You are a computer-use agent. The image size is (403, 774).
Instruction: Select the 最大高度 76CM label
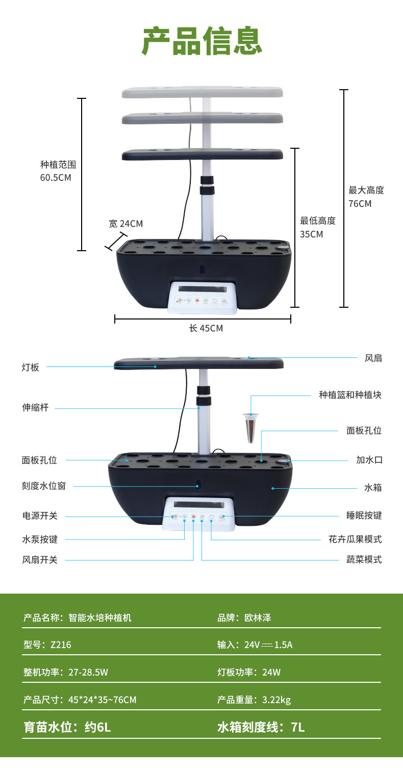coord(366,197)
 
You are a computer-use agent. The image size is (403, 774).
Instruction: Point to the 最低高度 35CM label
coord(317,227)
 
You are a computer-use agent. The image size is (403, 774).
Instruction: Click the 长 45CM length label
coord(206,328)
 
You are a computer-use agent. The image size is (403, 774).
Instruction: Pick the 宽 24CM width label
coord(125,224)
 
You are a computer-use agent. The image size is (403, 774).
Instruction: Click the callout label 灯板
coord(30,367)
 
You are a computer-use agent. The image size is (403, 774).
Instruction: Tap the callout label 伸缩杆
coord(35,408)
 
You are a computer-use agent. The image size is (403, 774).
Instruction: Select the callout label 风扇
coord(373,358)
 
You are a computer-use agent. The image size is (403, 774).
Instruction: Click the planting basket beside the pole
coord(249,428)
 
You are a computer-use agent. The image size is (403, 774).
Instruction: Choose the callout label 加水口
coord(369,460)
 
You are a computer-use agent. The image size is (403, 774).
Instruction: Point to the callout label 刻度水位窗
coord(43,486)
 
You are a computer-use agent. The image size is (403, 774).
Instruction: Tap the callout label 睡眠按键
coord(364,516)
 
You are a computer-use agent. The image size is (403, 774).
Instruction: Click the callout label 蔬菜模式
coord(364,559)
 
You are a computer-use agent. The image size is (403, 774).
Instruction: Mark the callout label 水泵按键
coord(40,539)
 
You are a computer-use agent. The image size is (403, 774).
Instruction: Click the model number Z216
coord(61,645)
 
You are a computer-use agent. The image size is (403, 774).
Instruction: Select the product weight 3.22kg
coord(276,700)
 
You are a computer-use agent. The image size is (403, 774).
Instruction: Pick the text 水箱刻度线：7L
coord(261,727)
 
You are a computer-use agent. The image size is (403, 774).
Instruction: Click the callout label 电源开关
coord(40,516)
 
